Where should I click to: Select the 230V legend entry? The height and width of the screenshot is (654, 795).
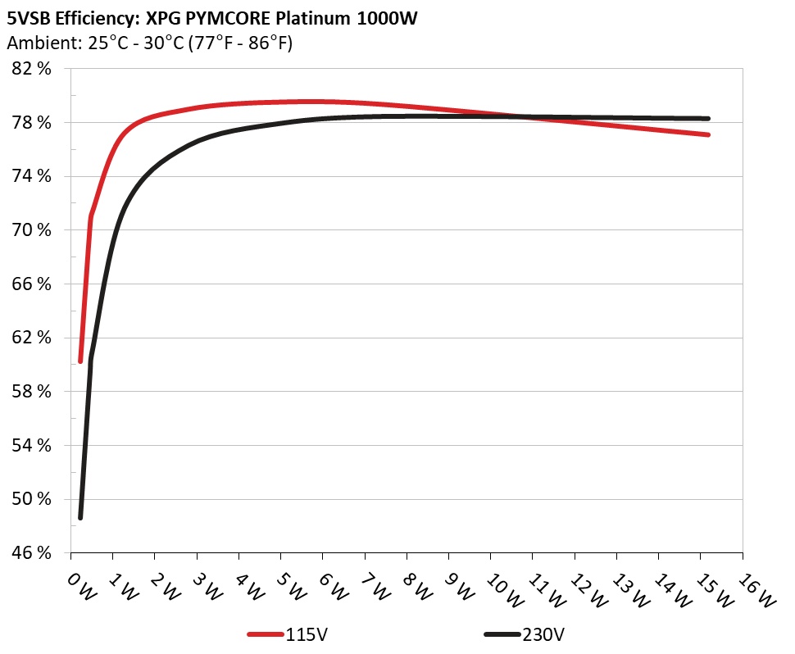tap(525, 634)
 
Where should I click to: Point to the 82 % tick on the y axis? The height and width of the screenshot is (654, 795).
tap(33, 69)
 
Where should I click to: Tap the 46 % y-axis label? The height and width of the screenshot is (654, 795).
tap(33, 553)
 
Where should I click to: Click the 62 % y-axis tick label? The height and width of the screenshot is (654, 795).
tap(33, 338)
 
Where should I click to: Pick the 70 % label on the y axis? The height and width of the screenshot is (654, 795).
tap(33, 230)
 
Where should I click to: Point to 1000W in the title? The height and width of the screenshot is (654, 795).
tap(387, 18)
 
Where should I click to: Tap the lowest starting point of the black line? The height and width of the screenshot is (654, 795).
tap(80, 517)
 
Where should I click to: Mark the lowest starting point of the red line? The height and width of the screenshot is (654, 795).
tap(80, 361)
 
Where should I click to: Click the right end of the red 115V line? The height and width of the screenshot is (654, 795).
tap(707, 134)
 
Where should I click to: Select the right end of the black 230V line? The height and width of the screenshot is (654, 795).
tap(707, 118)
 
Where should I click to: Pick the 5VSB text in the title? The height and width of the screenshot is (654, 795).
tap(29, 18)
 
